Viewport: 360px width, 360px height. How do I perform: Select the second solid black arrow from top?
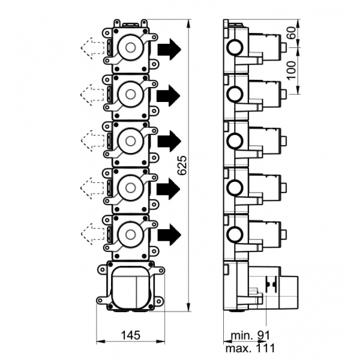point(169,94)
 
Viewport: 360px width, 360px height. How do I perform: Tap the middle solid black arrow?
point(169,141)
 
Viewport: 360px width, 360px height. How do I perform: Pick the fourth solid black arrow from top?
point(169,188)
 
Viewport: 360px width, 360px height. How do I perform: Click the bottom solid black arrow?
point(169,234)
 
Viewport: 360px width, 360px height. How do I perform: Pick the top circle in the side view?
point(235,47)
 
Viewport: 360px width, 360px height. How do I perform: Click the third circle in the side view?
point(235,140)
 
